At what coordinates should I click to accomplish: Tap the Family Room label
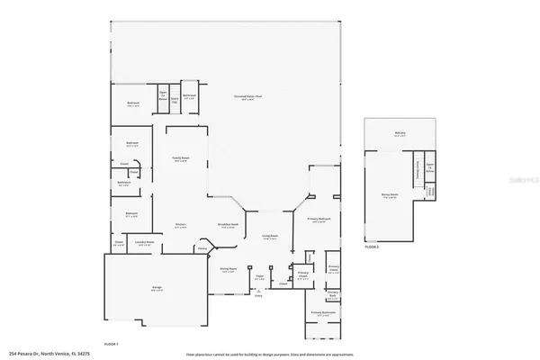pyautogui.click(x=181, y=159)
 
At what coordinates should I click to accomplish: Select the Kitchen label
pyautogui.click(x=181, y=226)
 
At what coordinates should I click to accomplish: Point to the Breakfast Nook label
pyautogui.click(x=227, y=226)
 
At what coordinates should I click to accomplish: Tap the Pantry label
pyautogui.click(x=202, y=247)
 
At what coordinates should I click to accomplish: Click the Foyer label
pyautogui.click(x=258, y=277)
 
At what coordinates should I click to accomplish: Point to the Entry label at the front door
pyautogui.click(x=258, y=293)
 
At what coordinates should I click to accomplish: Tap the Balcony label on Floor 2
pyautogui.click(x=400, y=133)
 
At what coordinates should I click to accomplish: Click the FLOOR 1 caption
pyautogui.click(x=112, y=343)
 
